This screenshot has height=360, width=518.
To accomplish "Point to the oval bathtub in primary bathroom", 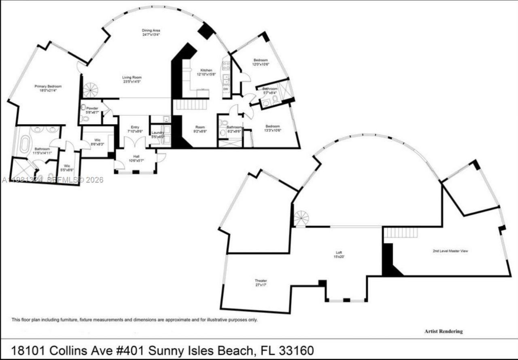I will pyautogui.click(x=25, y=144).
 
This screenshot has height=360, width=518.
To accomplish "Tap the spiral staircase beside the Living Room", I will pyautogui.click(x=90, y=89).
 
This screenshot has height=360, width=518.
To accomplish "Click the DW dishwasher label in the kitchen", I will pyautogui.click(x=226, y=89).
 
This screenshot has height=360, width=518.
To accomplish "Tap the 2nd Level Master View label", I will pyautogui.click(x=450, y=251).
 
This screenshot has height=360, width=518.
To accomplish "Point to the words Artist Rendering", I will pyautogui.click(x=443, y=331).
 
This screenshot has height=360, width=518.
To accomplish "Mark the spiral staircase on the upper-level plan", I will pyautogui.click(x=301, y=219).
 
